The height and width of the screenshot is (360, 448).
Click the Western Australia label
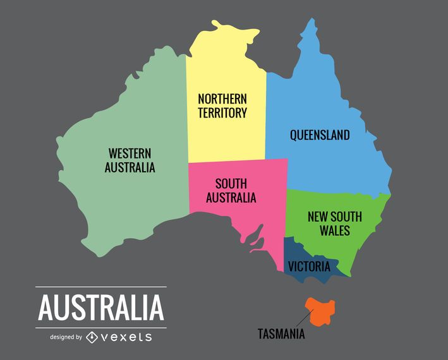click(x=130, y=160)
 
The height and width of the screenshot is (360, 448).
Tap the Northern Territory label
click(x=222, y=106)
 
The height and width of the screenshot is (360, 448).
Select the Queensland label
click(x=320, y=135)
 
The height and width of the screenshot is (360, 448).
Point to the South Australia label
click(x=235, y=191)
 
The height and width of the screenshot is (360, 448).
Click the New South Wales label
click(x=334, y=224)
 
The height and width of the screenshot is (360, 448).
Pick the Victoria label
click(x=309, y=266)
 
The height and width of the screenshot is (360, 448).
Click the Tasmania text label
click(x=281, y=333)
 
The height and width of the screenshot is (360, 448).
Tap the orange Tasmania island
click(x=320, y=310)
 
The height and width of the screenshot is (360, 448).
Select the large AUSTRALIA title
click(x=101, y=307)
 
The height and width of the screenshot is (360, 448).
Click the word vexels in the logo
click(x=126, y=337)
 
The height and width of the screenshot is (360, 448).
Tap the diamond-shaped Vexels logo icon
click(x=92, y=337)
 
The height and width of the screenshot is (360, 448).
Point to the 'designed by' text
click(x=66, y=337)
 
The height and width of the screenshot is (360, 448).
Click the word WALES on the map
click(x=334, y=231)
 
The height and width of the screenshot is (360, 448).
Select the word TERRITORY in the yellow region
click(x=222, y=114)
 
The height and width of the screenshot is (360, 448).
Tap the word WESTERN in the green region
click(x=130, y=153)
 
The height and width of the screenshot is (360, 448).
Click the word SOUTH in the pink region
click(x=231, y=184)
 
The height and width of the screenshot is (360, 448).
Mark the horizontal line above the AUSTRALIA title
click(x=101, y=287)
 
